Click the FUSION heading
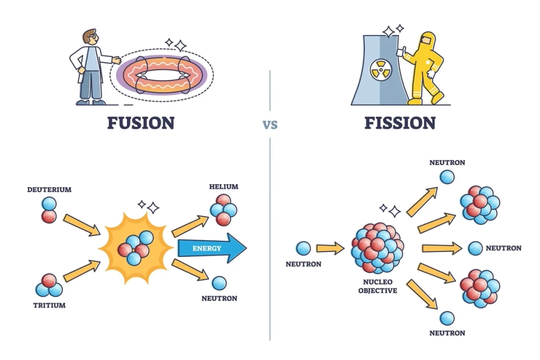[x=140, y=123]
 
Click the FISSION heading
[x=400, y=123]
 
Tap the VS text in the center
[x=270, y=125]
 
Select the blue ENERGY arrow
[x=211, y=248]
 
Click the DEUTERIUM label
[x=49, y=190]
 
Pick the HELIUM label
[x=224, y=187]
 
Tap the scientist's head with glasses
[x=91, y=38]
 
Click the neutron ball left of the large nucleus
[x=303, y=248]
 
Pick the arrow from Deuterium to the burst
[x=82, y=225]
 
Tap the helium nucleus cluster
[x=224, y=209]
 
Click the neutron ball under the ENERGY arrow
[x=219, y=283]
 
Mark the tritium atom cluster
[x=48, y=285]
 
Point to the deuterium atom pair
[x=49, y=209]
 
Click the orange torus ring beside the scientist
[x=162, y=76]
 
